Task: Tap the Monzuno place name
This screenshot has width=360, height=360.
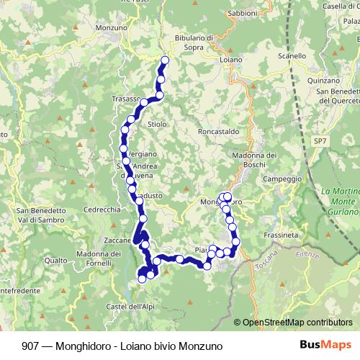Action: [109, 27]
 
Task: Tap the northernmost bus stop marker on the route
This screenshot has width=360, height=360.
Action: [165, 60]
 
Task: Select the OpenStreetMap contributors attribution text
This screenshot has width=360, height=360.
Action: [297, 323]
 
